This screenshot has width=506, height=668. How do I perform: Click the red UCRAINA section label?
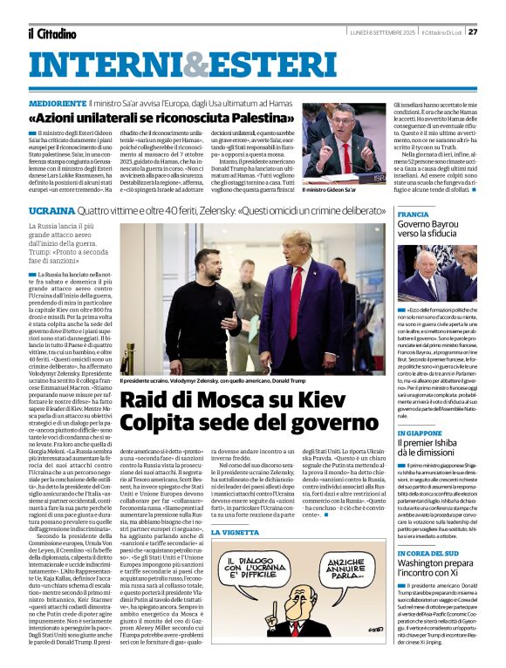click(51, 211)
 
